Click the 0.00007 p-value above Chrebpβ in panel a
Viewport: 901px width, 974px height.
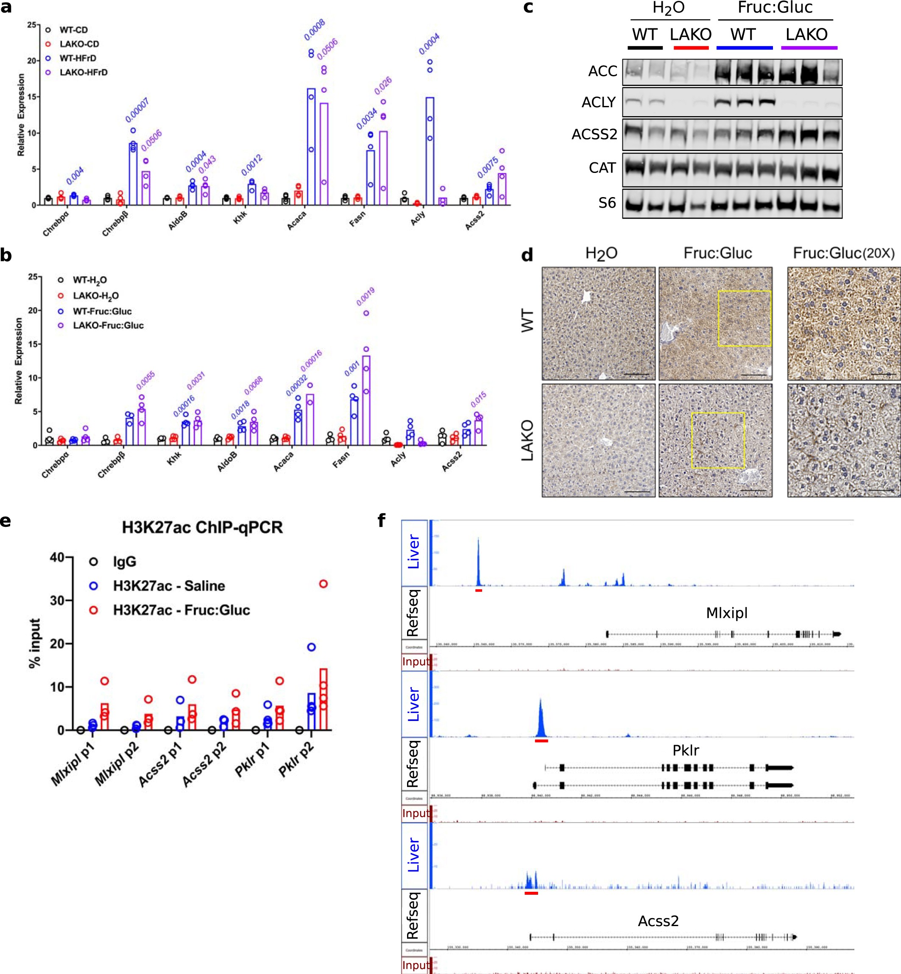pos(137,111)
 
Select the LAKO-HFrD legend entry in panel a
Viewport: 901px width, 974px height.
pos(83,72)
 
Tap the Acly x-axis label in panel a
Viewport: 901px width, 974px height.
pos(417,218)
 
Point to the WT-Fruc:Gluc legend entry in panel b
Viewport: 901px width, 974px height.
pos(101,312)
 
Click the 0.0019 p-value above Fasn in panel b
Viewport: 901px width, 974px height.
pos(365,297)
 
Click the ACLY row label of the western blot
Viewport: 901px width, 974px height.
pos(598,103)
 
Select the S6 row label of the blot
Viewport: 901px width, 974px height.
pos(607,203)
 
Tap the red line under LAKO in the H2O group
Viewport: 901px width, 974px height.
pos(690,48)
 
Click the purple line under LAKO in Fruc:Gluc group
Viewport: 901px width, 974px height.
pos(809,48)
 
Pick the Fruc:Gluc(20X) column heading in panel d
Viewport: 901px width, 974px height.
pos(843,253)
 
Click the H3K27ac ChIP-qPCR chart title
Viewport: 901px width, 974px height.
pos(202,527)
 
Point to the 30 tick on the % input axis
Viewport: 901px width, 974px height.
pos(58,601)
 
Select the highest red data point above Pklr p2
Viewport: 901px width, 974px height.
pos(323,584)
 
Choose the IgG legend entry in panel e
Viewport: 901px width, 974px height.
pos(124,562)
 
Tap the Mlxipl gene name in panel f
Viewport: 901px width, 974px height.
pos(726,613)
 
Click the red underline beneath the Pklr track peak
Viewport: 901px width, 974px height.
pos(541,741)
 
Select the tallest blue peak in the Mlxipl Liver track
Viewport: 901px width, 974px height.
pos(478,561)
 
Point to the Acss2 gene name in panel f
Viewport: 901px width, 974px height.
pos(658,921)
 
